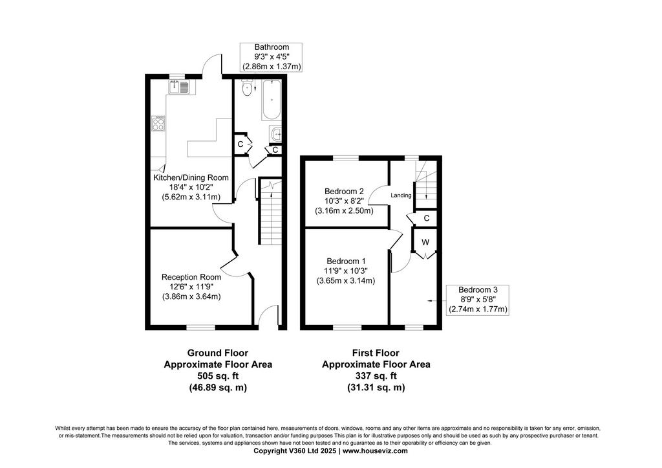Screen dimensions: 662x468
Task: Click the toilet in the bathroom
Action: [247, 87]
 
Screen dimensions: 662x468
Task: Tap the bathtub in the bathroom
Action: [271, 100]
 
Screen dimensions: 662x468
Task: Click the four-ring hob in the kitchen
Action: [159, 123]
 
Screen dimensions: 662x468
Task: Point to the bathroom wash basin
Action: [275, 134]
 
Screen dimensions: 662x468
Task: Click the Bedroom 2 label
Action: [344, 192]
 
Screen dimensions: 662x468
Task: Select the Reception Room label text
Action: [191, 277]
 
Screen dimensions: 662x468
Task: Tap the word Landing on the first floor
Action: [401, 195]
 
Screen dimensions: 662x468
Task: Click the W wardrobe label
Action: [425, 242]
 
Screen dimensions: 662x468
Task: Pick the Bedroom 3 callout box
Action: [478, 300]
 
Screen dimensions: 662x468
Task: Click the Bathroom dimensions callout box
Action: [272, 57]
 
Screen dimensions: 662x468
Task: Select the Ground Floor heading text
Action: [218, 353]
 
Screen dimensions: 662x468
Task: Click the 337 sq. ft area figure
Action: [376, 376]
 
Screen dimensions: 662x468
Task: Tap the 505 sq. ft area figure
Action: [218, 376]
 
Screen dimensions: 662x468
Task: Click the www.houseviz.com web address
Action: [375, 451]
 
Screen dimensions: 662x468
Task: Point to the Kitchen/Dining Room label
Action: [191, 177]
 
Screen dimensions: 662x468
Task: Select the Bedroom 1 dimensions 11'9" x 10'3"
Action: [346, 271]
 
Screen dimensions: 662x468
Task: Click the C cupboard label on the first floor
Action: [427, 218]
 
